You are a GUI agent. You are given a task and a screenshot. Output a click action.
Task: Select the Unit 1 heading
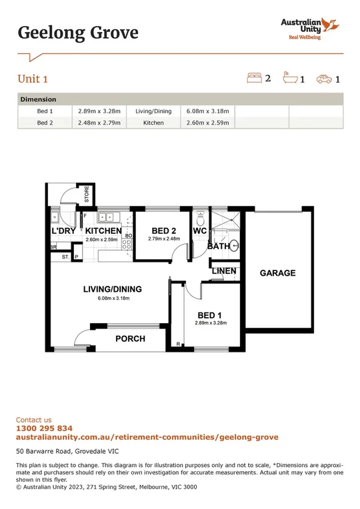pyautogui.click(x=32, y=79)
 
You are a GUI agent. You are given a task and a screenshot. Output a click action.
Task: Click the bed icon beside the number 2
pyautogui.click(x=254, y=79)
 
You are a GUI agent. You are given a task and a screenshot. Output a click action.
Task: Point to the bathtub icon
pyautogui.click(x=290, y=79)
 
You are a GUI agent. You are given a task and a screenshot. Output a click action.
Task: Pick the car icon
pyautogui.click(x=325, y=79)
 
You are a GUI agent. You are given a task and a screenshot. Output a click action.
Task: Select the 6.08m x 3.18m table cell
pyautogui.click(x=207, y=111)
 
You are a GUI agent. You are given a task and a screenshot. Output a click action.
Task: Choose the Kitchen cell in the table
pyautogui.click(x=153, y=123)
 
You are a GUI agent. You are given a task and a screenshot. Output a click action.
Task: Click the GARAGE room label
pyautogui.click(x=277, y=273)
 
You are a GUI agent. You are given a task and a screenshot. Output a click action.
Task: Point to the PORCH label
pyautogui.click(x=130, y=338)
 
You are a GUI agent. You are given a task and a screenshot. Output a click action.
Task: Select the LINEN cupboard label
pyautogui.click(x=223, y=271)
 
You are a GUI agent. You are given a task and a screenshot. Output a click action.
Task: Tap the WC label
pyautogui.click(x=199, y=231)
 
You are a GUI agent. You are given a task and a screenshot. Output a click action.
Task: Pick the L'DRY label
pyautogui.click(x=64, y=231)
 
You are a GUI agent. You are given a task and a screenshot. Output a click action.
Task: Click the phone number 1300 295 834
pyautogui.click(x=44, y=428)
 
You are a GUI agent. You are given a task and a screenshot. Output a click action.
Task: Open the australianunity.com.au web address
pyautogui.click(x=147, y=437)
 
